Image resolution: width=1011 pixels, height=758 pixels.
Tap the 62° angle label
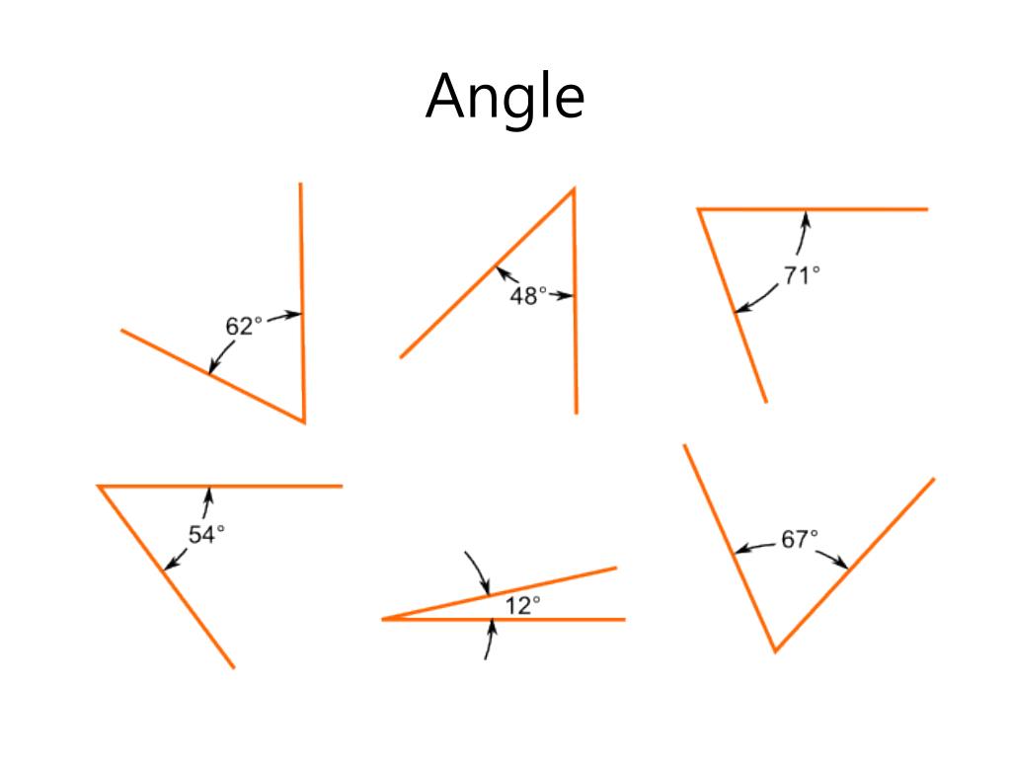coord(244,327)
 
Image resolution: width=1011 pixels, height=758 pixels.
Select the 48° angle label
coord(527,295)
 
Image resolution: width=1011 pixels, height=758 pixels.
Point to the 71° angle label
coord(802,276)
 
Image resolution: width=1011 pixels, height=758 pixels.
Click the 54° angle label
coord(206,534)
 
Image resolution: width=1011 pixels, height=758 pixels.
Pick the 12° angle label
coord(522,606)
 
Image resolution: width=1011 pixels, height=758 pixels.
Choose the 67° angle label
coord(800,540)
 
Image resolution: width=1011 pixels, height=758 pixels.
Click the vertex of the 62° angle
coord(303,421)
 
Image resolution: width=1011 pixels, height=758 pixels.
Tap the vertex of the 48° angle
coord(574,189)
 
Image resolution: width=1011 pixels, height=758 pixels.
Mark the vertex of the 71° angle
coord(699,209)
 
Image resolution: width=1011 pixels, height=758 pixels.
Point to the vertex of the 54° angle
coord(99,486)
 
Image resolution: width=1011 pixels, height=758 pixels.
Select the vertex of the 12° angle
coord(383,619)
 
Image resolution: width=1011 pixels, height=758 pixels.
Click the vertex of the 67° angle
coord(775,650)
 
